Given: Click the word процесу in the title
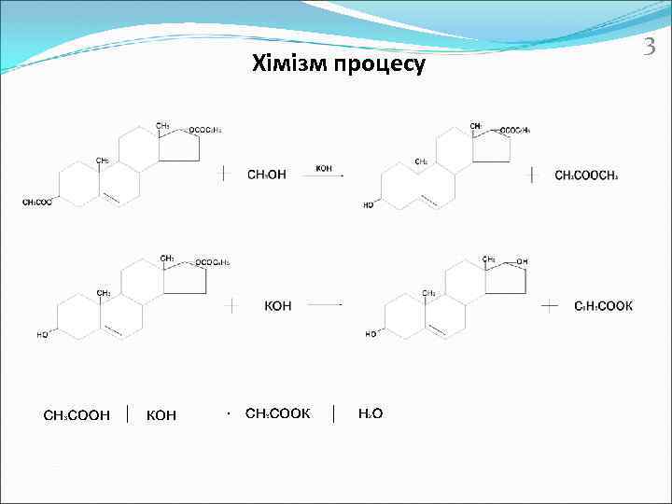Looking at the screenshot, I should [378, 65].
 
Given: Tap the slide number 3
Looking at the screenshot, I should [651, 45].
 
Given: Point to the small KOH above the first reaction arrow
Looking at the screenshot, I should [324, 168].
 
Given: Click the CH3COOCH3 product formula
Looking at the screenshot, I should [586, 175].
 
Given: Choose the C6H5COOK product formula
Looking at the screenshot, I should [604, 305].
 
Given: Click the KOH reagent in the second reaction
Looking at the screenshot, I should [278, 305].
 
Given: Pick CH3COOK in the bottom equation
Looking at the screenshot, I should [277, 413].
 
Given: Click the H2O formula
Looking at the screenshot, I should [371, 413].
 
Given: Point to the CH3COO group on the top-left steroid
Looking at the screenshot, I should [37, 203].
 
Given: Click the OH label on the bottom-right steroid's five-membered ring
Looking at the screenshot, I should [522, 261].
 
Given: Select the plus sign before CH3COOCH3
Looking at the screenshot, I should [533, 175].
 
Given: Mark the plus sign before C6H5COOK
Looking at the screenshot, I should [550, 305].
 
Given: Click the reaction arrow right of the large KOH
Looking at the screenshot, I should [326, 304].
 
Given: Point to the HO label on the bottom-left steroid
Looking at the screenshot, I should [43, 334].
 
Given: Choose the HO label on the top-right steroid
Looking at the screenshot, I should [369, 204].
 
